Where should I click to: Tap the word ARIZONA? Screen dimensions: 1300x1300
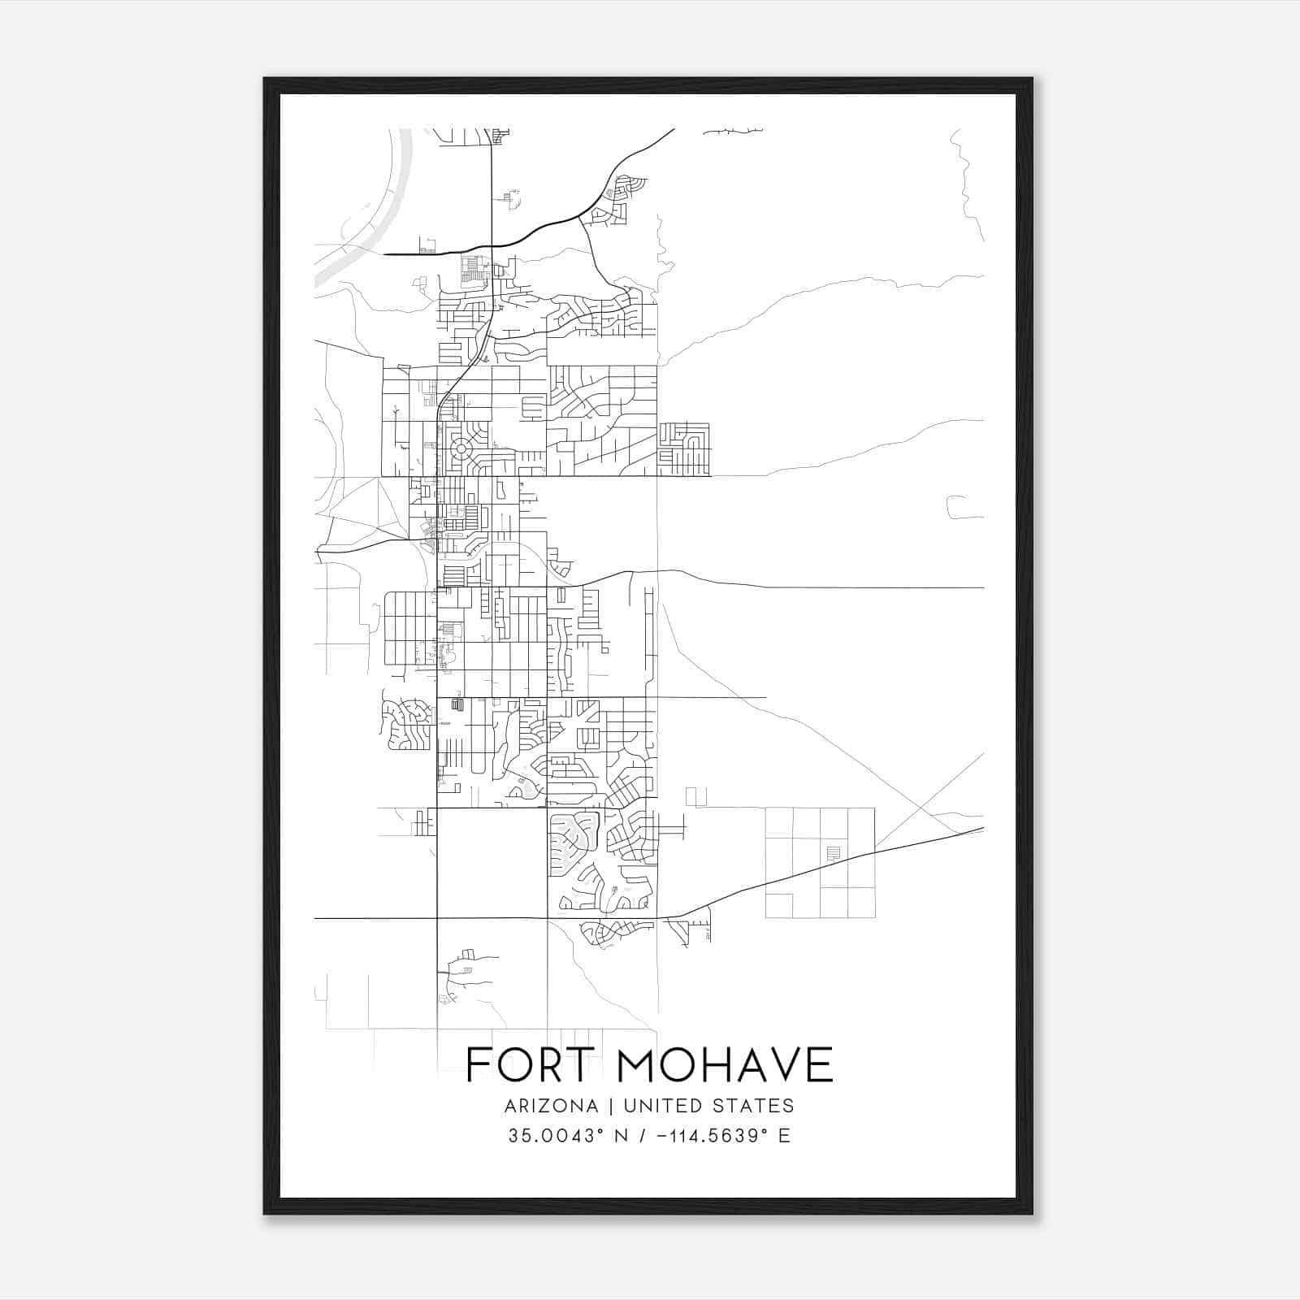click(x=551, y=1106)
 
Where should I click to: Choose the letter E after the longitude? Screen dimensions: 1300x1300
click(x=784, y=1136)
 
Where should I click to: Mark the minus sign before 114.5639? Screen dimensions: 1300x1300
click(x=660, y=1136)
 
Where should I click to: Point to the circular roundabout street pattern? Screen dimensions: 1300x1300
click(x=461, y=448)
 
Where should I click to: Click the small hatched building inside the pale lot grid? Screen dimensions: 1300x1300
click(x=833, y=853)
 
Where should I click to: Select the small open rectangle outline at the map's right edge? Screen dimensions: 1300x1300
click(x=964, y=507)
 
